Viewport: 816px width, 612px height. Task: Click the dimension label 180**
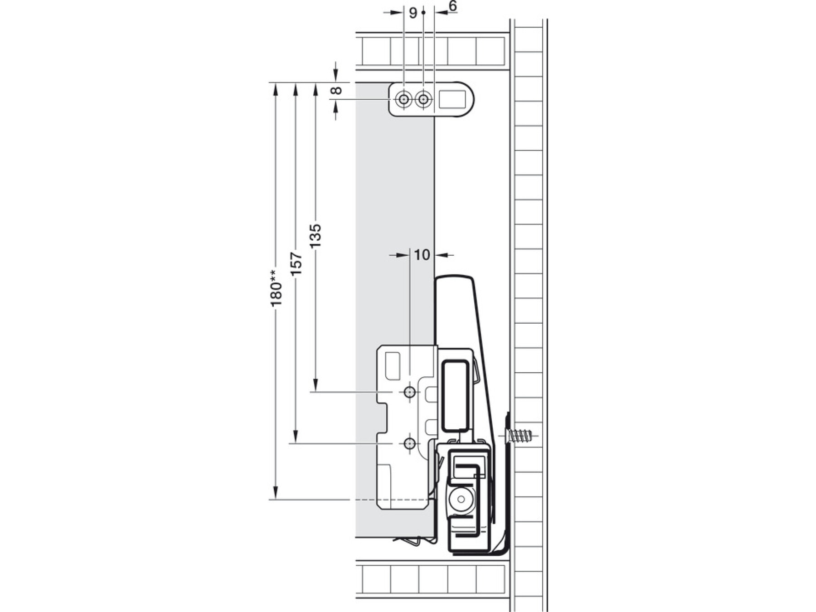pos(277,288)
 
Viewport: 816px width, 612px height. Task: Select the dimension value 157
pos(296,264)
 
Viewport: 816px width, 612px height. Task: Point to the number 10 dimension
pos(422,255)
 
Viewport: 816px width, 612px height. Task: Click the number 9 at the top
pos(413,13)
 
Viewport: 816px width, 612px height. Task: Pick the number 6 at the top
pos(452,6)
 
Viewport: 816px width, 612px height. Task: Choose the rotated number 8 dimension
pos(336,90)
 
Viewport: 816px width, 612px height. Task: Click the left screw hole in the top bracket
pos(403,99)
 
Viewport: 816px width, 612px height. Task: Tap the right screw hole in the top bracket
pos(423,99)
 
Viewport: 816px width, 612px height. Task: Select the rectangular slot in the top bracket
pos(452,99)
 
